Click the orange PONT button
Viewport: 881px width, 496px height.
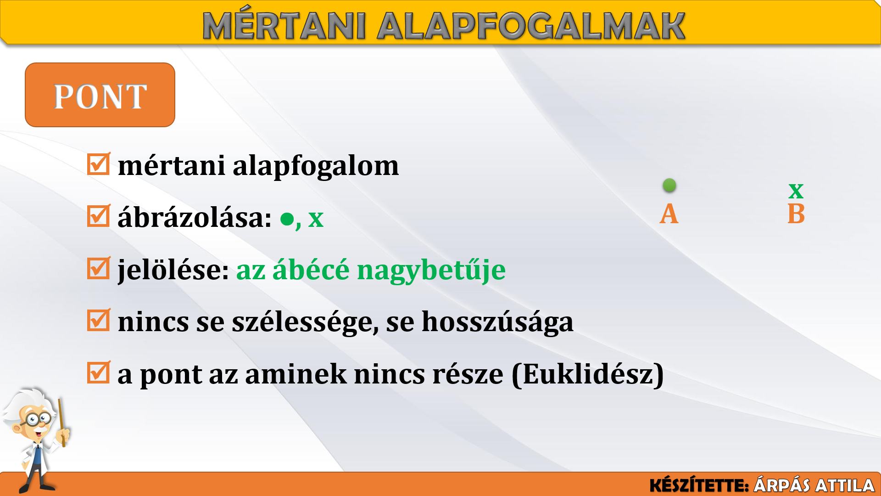(100, 95)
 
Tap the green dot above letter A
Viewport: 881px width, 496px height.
(669, 185)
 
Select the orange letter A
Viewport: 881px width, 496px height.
(669, 214)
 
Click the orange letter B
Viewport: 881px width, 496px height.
(796, 214)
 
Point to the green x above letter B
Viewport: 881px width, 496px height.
(796, 190)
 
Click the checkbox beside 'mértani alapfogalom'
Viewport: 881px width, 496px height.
(98, 164)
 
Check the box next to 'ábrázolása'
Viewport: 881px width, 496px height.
(98, 216)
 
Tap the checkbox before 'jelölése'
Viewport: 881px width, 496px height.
(98, 268)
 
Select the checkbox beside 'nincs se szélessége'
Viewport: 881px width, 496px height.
(98, 320)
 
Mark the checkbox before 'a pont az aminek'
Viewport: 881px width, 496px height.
(98, 372)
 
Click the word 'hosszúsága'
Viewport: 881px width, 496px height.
(497, 322)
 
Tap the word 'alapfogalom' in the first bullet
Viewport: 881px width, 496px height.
(316, 166)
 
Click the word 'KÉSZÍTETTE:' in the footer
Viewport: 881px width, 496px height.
(699, 485)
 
